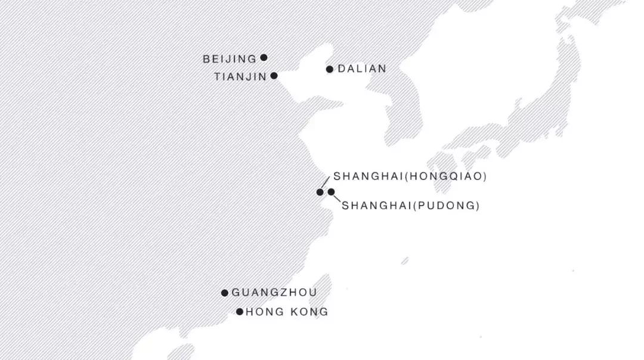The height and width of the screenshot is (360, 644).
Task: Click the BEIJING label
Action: tap(230, 59)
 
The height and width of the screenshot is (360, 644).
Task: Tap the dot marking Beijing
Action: tap(264, 58)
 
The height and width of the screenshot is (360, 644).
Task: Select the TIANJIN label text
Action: tap(240, 77)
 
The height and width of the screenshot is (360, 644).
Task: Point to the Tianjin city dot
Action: tap(274, 76)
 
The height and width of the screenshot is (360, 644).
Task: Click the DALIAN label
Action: tap(362, 69)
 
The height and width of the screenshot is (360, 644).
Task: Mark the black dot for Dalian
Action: tap(330, 69)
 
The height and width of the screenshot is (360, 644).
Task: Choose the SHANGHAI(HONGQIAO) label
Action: tap(410, 176)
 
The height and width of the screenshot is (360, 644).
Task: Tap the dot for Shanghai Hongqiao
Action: tap(320, 192)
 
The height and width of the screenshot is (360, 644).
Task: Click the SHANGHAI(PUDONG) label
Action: tap(411, 206)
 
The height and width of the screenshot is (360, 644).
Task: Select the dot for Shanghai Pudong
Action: tap(331, 192)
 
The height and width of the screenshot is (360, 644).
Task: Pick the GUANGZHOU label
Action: tap(274, 293)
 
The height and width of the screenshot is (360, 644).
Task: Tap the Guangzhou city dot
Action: tap(225, 293)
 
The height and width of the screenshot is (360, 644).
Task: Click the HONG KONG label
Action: tap(287, 312)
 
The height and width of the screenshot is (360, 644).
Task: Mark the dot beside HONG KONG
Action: tap(240, 312)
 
